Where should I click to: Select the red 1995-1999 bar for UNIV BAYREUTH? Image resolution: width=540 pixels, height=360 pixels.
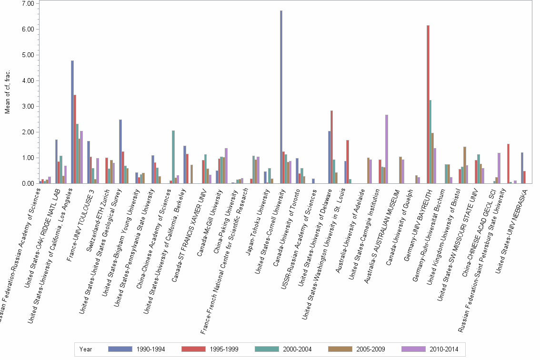tap(428, 104)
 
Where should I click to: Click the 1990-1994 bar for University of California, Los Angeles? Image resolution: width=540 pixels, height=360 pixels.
tap(72, 122)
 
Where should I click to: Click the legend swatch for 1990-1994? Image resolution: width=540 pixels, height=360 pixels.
tap(120, 349)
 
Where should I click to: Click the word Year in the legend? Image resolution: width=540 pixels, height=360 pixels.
tap(86, 349)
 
